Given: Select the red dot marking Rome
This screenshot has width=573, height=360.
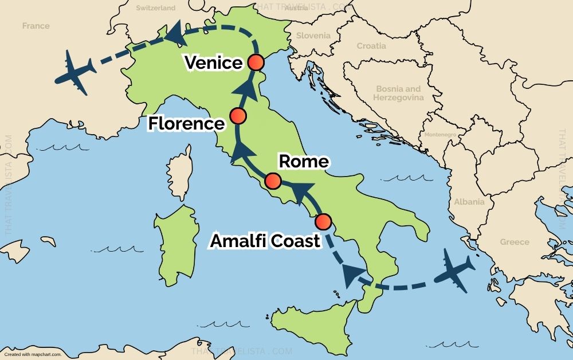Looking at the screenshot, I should tap(273, 182).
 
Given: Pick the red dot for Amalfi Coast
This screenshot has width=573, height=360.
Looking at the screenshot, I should tap(324, 221).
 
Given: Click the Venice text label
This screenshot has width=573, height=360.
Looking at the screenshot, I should tap(214, 62).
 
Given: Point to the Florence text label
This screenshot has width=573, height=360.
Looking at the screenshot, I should tap(186, 123).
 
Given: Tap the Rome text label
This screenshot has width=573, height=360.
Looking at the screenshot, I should tap(304, 162).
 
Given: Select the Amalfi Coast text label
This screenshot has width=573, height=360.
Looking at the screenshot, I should tap(265, 241).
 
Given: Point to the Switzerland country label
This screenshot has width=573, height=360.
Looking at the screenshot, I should tap(156, 9).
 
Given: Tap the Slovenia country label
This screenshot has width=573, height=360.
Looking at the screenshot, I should tap(313, 36).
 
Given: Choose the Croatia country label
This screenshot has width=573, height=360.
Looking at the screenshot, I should tap(371, 46).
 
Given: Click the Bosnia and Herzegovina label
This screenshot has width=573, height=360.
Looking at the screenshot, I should tap(398, 93).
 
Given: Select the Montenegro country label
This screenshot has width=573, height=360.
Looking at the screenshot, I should tap(441, 135).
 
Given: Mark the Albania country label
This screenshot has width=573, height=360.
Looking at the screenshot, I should tap(469, 202).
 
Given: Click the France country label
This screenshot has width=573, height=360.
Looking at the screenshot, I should tap(36, 26).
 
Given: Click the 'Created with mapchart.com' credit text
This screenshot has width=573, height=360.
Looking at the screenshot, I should tap(33, 354).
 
